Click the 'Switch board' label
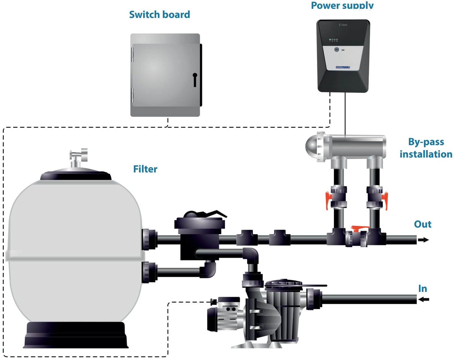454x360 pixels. [159, 14]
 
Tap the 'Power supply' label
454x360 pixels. [342, 5]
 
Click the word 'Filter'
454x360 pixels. [145, 169]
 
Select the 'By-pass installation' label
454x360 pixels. [426, 148]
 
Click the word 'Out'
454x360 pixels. [422, 224]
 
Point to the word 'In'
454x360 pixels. [422, 288]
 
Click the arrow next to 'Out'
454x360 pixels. [423, 240]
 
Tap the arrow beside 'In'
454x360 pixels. [424, 299]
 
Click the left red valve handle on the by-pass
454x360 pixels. [328, 200]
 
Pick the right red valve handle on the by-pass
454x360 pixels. [385, 200]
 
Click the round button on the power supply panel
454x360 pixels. [336, 49]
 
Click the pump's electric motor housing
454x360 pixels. [224, 315]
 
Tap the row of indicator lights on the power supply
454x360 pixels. [333, 40]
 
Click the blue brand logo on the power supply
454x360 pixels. [343, 67]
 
